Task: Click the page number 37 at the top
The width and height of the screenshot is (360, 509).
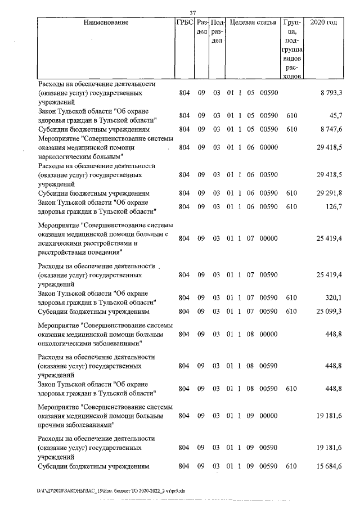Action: (x=192, y=13)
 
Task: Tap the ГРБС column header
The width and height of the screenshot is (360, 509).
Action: (x=184, y=23)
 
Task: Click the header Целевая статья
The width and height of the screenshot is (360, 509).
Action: (x=251, y=23)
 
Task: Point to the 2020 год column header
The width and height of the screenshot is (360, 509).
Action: (x=327, y=23)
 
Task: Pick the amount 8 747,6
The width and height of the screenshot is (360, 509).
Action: (x=331, y=129)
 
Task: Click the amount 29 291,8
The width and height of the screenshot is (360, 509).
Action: (x=329, y=193)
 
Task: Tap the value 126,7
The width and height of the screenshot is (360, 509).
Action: (x=334, y=207)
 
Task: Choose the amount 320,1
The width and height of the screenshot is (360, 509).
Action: (x=334, y=298)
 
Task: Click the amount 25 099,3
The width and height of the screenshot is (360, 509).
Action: (x=329, y=311)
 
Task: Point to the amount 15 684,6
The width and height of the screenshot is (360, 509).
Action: (x=329, y=466)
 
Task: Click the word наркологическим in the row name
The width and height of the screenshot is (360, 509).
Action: (x=61, y=156)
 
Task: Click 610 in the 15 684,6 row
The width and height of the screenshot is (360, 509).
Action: (x=291, y=466)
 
